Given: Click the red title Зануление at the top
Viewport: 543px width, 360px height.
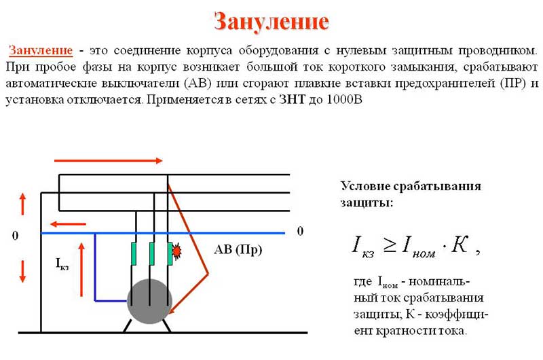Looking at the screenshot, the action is point(271,22).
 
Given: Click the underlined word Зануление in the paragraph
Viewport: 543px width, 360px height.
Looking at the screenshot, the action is point(41,50).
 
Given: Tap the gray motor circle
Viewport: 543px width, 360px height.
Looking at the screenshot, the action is point(149,301).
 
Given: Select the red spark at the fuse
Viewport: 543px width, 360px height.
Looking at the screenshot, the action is point(177,251).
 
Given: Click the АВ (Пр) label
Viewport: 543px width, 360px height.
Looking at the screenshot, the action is point(238,249).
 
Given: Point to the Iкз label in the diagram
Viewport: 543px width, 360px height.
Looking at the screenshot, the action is point(62,264).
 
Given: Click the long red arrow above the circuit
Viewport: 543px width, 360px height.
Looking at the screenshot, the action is point(109,160).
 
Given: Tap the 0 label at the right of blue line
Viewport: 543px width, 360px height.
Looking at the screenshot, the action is point(300,231).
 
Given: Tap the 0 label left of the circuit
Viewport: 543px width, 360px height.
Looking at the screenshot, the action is point(15,236).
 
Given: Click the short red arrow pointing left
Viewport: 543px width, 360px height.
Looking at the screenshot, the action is point(68,224).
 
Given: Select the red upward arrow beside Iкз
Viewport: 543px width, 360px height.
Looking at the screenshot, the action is point(81,270).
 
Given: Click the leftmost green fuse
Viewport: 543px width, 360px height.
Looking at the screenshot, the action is point(134,253).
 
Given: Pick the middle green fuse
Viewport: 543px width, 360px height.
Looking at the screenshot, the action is point(151,253).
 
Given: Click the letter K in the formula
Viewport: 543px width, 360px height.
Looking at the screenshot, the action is point(460,245).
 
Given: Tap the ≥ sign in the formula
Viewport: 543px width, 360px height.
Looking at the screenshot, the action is point(389,246).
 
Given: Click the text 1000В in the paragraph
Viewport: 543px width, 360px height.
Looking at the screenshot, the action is point(344,100).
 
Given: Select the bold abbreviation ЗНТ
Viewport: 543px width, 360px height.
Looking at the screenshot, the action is point(293,100).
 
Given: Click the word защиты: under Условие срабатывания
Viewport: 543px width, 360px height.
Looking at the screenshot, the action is point(367,202).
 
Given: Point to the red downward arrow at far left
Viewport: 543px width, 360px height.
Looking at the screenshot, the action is point(22,272).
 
